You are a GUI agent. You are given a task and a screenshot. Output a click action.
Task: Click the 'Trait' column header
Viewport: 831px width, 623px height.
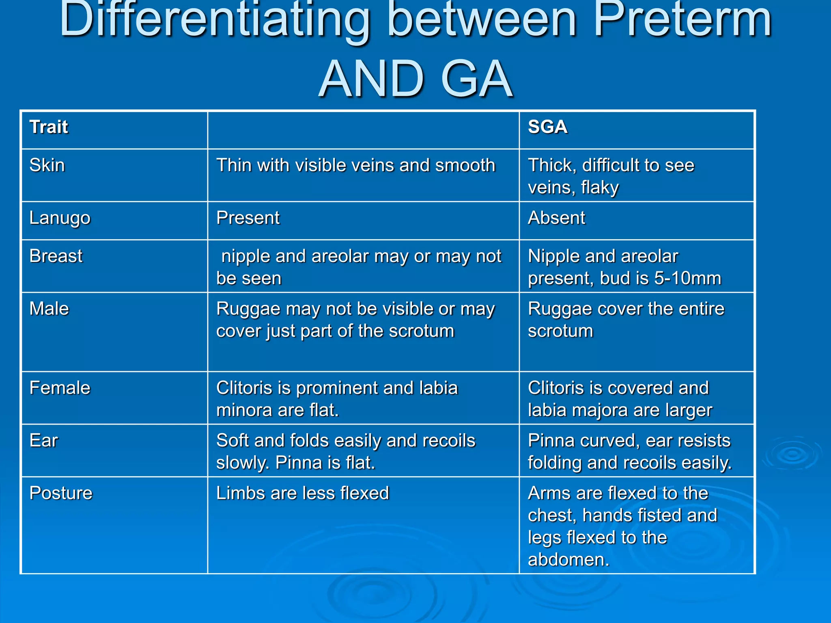[x=49, y=127]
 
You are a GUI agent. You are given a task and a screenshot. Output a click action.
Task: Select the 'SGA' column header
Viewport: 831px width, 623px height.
[x=547, y=127]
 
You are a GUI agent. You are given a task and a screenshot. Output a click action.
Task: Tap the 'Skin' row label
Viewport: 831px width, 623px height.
[x=47, y=165]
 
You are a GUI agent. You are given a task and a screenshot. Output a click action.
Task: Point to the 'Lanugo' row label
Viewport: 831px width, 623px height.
[x=60, y=218]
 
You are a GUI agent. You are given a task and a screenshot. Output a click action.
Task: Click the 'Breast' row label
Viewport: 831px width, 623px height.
[x=56, y=256]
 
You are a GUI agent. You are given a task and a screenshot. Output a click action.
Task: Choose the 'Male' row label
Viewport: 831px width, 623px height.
[x=49, y=309]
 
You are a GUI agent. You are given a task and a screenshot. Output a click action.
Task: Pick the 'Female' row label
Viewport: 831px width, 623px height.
[x=60, y=388]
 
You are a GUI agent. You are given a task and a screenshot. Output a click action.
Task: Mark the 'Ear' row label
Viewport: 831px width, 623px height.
[x=44, y=441]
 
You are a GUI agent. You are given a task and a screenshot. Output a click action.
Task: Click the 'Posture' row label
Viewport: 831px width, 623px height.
[x=61, y=494]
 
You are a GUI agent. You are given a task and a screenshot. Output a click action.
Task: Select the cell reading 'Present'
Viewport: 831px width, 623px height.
[x=248, y=218]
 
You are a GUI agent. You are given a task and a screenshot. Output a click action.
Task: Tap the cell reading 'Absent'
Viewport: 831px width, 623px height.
[x=556, y=218]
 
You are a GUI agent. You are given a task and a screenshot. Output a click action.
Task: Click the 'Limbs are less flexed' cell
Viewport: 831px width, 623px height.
[x=303, y=494]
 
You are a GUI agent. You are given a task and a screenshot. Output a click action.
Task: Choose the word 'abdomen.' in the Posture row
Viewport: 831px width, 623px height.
[x=568, y=560]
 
